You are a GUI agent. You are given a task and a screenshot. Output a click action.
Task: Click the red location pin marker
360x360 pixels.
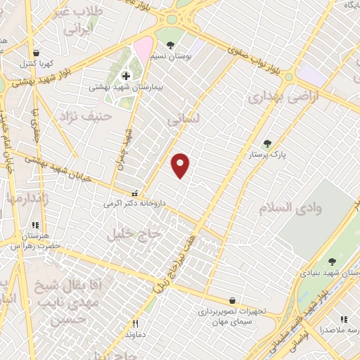(x=181, y=166)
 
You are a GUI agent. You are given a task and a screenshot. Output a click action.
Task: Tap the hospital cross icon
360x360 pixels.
(x=127, y=75)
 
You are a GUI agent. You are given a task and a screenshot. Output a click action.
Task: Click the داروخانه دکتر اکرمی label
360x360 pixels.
(x=134, y=203)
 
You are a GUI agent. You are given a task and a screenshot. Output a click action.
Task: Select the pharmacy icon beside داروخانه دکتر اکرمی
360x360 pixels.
(x=135, y=193)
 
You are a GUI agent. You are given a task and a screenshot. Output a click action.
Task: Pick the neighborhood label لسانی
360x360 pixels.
(x=184, y=120)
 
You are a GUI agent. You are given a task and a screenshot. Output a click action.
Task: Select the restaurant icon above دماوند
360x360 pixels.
(x=136, y=324)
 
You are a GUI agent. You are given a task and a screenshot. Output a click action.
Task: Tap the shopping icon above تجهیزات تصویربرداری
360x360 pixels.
(x=232, y=300)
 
